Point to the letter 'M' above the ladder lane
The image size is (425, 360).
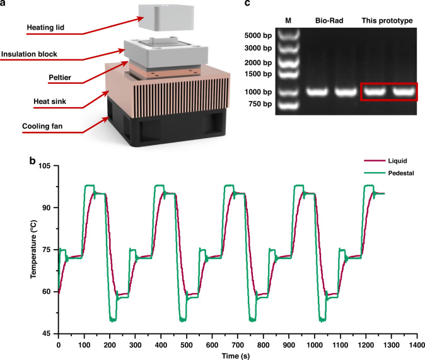288,20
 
